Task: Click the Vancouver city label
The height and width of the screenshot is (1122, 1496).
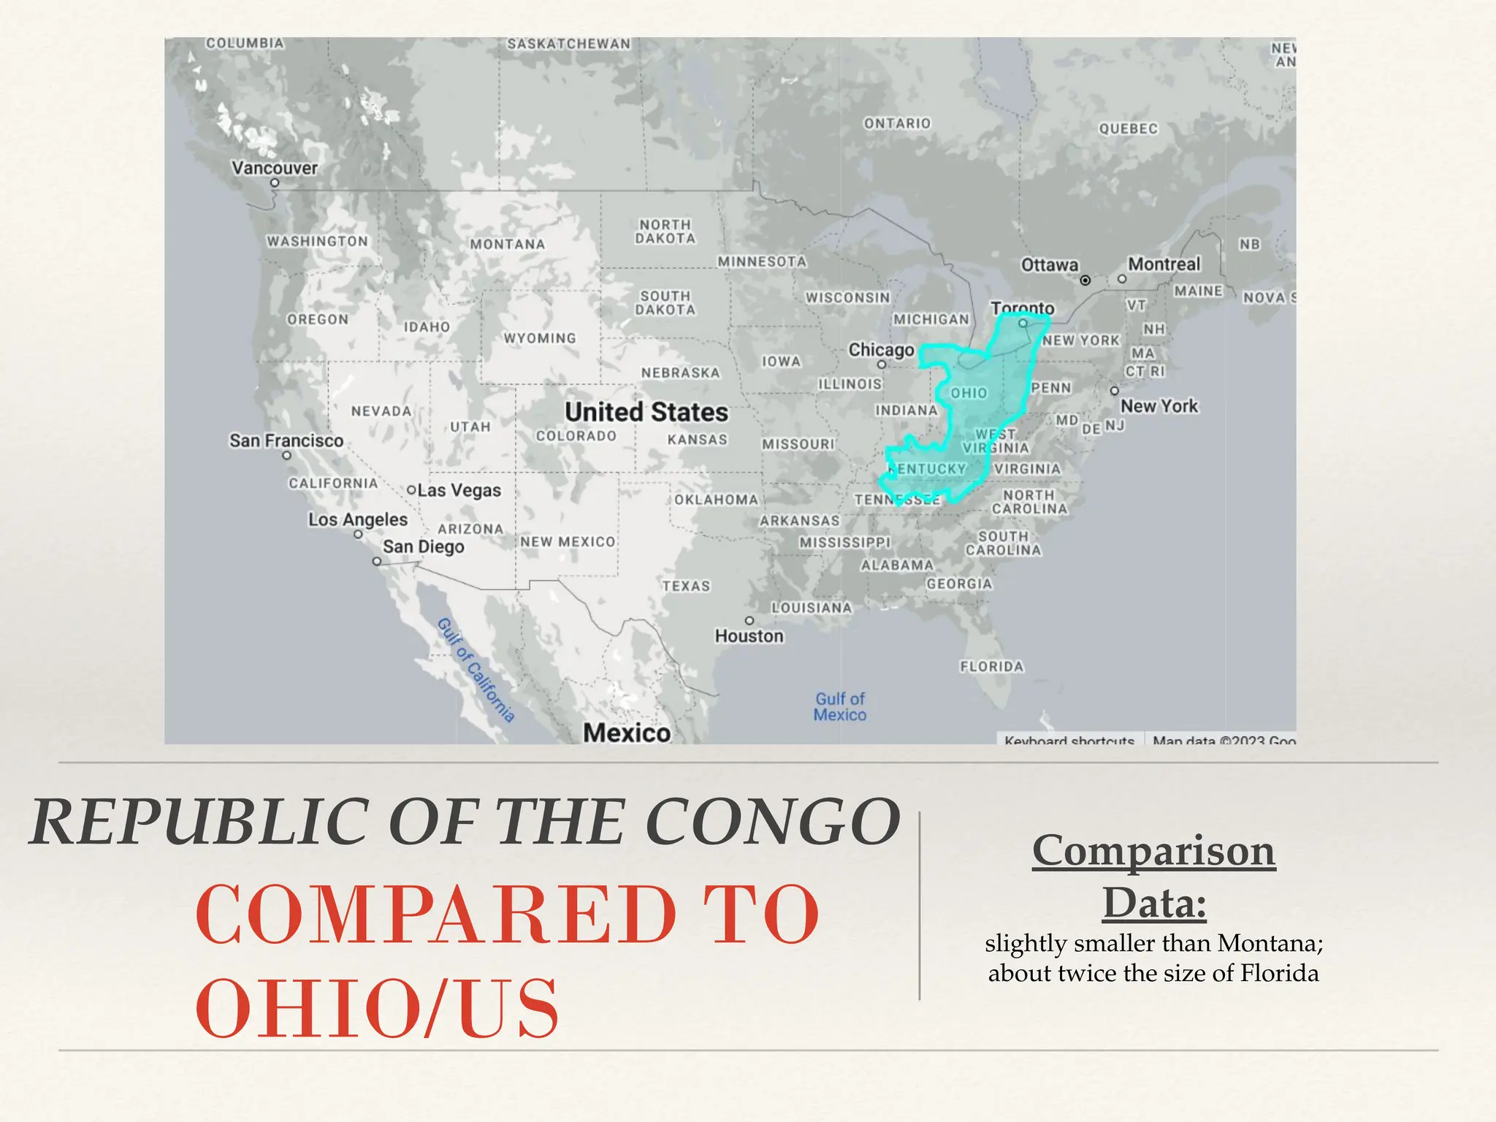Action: [275, 168]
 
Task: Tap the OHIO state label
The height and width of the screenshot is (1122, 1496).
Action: [969, 393]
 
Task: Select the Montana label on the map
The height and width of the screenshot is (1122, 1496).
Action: [508, 244]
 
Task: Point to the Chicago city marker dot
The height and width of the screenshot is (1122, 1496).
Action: [882, 365]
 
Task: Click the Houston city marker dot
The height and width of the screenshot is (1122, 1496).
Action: [749, 620]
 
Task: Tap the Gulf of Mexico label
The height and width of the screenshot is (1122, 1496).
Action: [840, 706]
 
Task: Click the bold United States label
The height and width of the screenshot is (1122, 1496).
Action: [646, 412]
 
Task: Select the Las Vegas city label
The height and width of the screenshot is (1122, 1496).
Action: [459, 490]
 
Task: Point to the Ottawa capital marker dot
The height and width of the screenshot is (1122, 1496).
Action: [1085, 280]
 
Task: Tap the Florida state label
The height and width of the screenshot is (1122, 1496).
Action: [992, 666]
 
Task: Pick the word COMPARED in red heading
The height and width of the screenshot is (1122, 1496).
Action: [437, 915]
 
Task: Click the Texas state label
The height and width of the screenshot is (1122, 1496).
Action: [686, 586]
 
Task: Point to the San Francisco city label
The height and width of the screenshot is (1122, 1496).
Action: [286, 440]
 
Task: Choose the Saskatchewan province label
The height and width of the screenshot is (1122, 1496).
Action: [568, 44]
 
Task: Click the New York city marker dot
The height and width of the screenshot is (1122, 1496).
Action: [1114, 391]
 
